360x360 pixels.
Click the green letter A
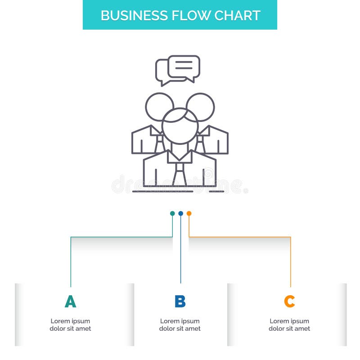point(70,301)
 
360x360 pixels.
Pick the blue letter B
point(180,301)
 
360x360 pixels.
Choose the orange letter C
point(289,301)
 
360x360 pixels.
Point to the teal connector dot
point(172,213)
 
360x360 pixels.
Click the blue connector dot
point(180,213)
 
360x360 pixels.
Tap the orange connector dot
point(189,213)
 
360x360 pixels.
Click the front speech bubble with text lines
point(184,67)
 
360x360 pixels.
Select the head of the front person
point(180,126)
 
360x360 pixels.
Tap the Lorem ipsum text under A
point(70,325)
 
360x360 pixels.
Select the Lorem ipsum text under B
point(180,325)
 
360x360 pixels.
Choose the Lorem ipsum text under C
point(289,325)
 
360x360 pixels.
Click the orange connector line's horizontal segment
point(239,237)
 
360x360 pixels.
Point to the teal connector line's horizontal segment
point(121,237)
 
